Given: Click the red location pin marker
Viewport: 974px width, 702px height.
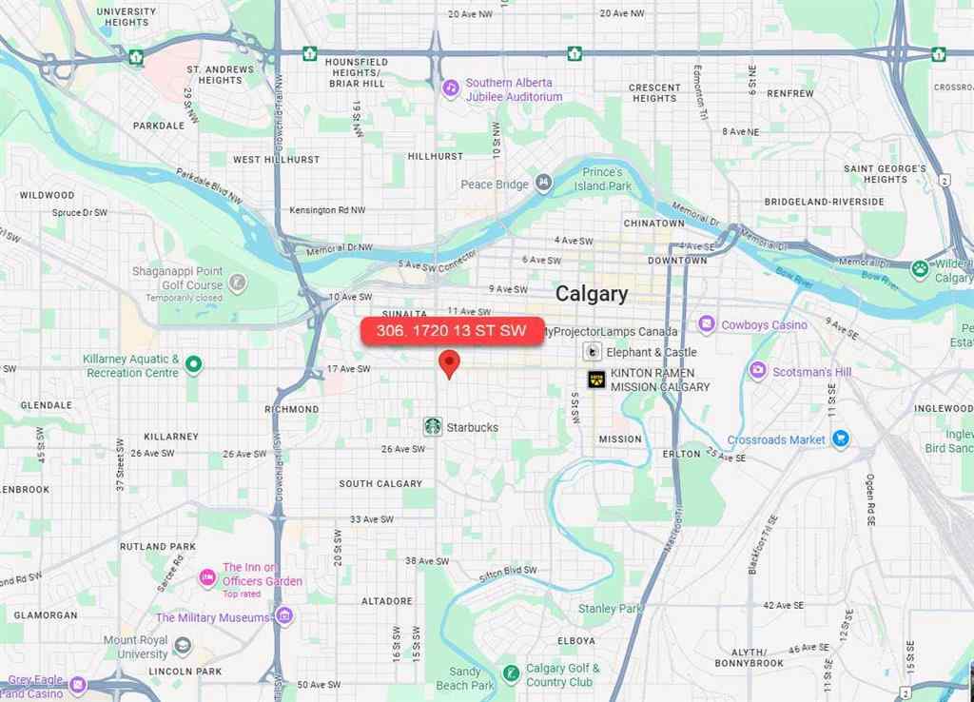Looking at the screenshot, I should tap(449, 363).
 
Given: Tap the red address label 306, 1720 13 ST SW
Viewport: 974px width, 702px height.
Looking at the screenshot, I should tap(452, 330).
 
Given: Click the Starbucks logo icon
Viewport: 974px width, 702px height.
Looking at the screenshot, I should tap(433, 426).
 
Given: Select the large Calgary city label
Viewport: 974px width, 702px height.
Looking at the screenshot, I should tap(592, 293).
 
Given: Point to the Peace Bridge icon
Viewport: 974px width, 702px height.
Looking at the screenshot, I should tap(543, 183).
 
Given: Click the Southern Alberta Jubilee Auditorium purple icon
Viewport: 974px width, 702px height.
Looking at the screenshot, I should tap(451, 88).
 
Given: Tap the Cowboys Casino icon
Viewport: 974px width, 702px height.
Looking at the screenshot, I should tap(706, 324).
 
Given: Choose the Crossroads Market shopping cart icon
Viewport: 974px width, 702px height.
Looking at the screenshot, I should tap(840, 439).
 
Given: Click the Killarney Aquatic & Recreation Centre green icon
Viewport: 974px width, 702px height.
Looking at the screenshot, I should tap(194, 364).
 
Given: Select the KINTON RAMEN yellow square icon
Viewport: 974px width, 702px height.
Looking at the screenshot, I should tap(596, 380).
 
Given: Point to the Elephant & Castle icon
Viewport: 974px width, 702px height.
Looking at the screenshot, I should tap(593, 351).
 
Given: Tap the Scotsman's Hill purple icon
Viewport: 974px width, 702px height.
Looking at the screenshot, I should tap(758, 370).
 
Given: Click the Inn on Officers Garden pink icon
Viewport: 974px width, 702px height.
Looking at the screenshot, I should tap(207, 577).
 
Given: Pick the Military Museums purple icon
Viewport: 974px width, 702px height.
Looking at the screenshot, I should tap(283, 615).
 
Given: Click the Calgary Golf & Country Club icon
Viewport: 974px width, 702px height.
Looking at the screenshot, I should tap(511, 673).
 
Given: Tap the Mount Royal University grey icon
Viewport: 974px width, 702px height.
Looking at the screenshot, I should tap(182, 647).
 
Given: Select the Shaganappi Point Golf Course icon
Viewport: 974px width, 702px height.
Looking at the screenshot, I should tap(237, 283).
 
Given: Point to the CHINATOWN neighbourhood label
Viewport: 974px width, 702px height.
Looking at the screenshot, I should tap(653, 224).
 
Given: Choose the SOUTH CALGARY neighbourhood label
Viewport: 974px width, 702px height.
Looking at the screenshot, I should tap(380, 483).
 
